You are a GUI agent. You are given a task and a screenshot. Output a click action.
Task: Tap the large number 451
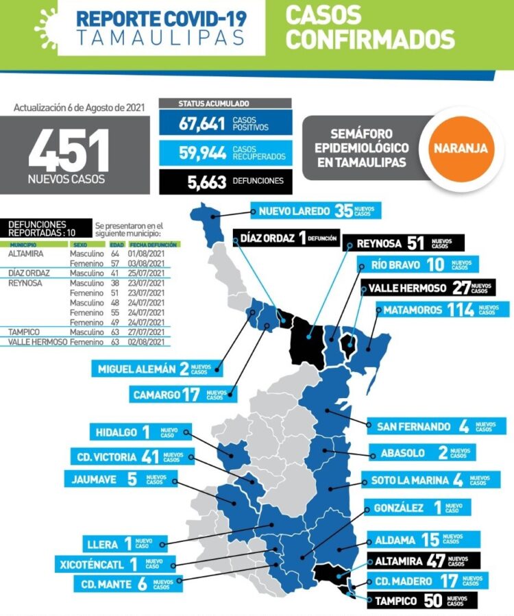(69, 151)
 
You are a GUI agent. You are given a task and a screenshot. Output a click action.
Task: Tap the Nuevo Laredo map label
(315, 211)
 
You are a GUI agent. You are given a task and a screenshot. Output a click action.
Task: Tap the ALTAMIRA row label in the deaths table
(25, 253)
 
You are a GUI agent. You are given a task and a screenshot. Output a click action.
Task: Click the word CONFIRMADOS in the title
(370, 40)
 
